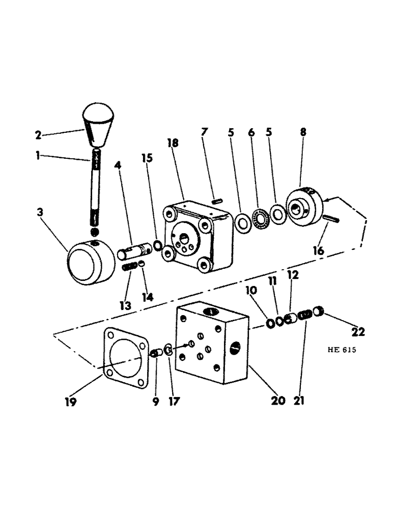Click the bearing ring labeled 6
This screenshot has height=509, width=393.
[x=261, y=218]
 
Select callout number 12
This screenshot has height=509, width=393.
[x=293, y=275]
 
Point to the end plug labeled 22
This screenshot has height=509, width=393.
[x=319, y=310]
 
